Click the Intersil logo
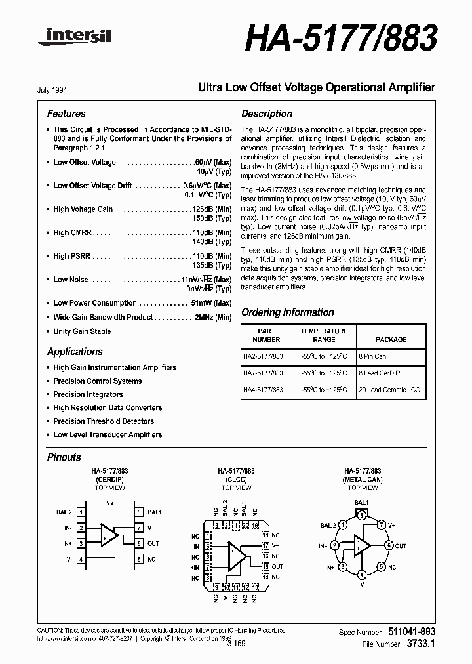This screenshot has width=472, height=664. click(74, 39)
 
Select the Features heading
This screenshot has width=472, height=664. click(66, 114)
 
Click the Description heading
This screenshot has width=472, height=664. click(267, 114)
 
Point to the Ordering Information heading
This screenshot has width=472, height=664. click(287, 312)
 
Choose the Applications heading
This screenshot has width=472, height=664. click(75, 352)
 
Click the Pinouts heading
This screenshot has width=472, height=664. click(64, 457)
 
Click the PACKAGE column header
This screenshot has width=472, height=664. click(391, 339)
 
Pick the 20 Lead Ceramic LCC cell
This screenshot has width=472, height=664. click(389, 389)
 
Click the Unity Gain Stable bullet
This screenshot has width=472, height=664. click(82, 331)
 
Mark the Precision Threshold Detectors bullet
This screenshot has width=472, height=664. click(104, 421)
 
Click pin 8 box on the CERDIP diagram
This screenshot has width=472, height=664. click(138, 512)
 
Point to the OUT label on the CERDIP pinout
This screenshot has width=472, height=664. click(153, 543)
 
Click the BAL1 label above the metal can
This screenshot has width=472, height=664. click(361, 502)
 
